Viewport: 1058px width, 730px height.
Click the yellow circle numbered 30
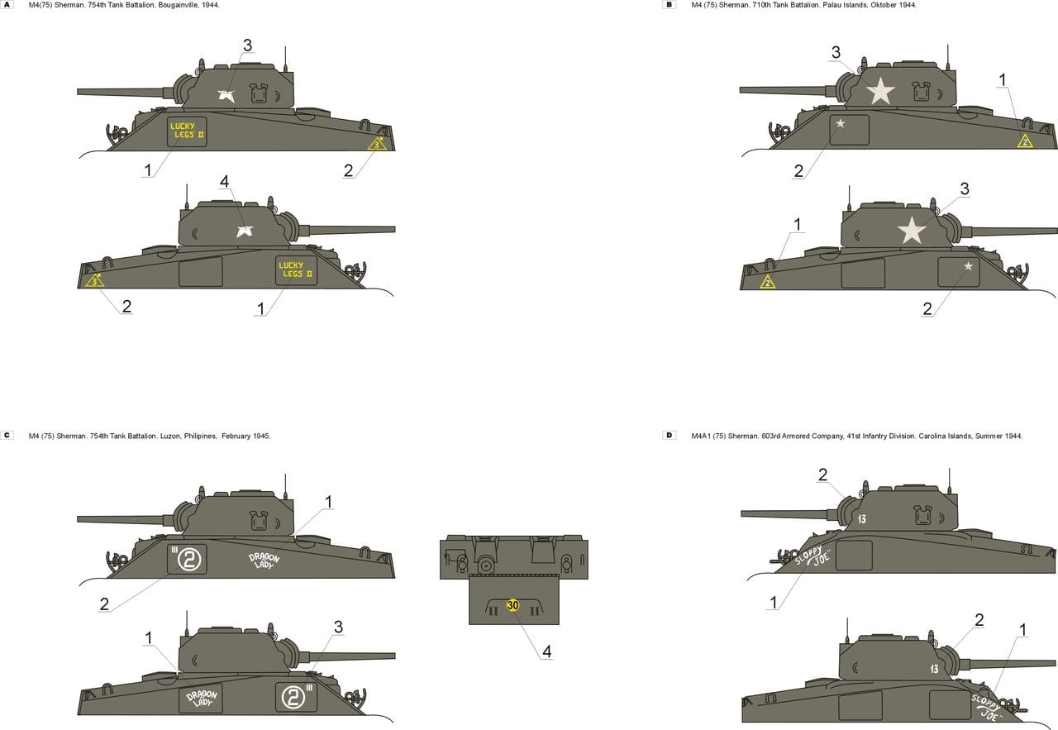coord(513,605)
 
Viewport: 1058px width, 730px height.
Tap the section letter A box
coord(7,5)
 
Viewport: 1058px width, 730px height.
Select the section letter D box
coord(670,435)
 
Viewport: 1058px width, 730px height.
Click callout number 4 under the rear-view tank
coord(547,651)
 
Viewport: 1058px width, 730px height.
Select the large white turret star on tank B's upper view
coord(880,91)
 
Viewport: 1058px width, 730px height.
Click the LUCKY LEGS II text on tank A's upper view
coord(187,131)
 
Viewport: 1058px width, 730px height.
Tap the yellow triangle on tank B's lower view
coord(768,282)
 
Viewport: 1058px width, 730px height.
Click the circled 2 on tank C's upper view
coord(189,560)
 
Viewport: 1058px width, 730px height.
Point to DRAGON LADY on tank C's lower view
coord(202,699)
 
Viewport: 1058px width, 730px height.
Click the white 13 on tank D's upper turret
coord(861,519)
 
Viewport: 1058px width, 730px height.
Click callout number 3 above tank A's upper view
coord(247,45)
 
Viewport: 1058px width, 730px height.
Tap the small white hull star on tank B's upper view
coord(841,123)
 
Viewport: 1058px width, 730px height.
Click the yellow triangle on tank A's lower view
coord(94,280)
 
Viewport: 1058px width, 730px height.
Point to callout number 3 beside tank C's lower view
coord(338,627)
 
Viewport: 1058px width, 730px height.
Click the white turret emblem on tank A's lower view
coord(245,231)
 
